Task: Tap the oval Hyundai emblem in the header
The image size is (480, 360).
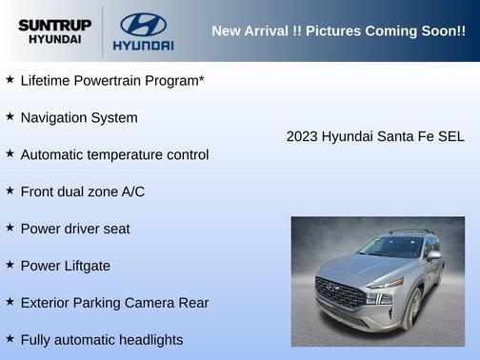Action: (143, 24)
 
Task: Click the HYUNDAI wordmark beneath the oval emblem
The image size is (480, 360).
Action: (143, 45)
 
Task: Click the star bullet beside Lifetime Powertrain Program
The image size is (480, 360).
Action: (10, 80)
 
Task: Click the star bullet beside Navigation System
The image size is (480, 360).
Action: (10, 117)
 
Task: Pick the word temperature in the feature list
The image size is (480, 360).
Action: (133, 155)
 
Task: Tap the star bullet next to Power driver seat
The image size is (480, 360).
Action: (10, 229)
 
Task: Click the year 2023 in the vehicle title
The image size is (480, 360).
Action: (302, 137)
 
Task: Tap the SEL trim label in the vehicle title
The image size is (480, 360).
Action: (450, 137)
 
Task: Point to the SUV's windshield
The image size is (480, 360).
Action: (390, 248)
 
